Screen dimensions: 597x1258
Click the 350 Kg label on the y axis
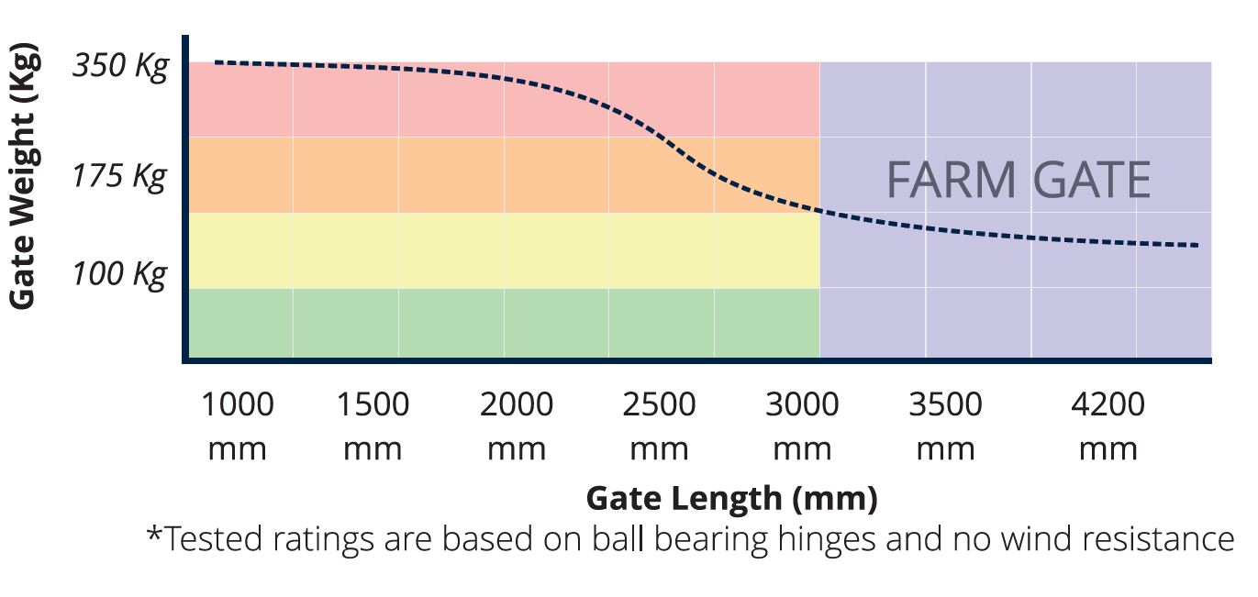[x=120, y=67]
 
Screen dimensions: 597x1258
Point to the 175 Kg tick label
[x=120, y=175]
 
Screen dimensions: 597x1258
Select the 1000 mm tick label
[x=237, y=426]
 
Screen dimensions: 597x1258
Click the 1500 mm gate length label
[x=373, y=426]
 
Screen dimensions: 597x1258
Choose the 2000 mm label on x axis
[x=516, y=426]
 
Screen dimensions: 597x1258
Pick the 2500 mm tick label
[x=659, y=426]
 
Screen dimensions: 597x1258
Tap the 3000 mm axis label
[x=802, y=426]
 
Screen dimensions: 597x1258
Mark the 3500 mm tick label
[x=945, y=426]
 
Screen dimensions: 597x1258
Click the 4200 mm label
[x=1108, y=426]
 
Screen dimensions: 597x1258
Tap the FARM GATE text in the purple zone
[x=1018, y=180]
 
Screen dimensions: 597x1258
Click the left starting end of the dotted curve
[x=217, y=62]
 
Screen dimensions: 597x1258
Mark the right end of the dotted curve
[x=1197, y=245]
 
